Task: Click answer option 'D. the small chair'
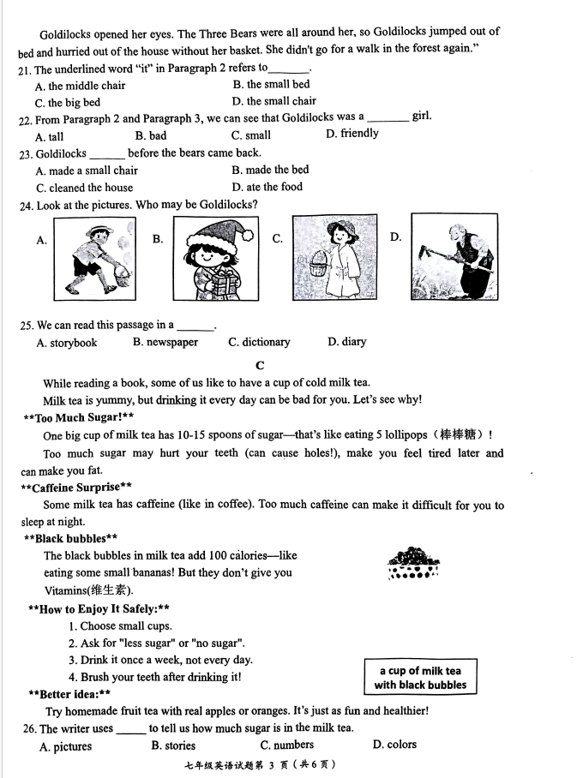point(273,101)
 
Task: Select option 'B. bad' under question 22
point(151,135)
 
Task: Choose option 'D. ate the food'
point(267,187)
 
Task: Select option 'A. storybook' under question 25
point(67,343)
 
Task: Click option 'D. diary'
point(346,342)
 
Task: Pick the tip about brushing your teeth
point(154,677)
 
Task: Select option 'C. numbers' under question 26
point(287,745)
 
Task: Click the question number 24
point(24,206)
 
